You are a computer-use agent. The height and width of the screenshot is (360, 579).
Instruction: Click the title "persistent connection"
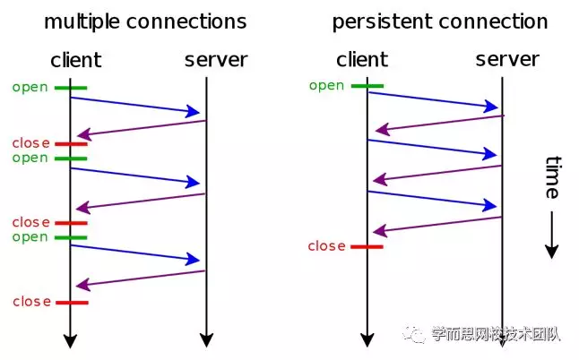(439, 21)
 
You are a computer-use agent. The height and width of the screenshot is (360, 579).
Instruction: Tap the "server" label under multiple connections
(216, 61)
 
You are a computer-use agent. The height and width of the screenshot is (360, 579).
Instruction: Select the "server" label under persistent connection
(507, 60)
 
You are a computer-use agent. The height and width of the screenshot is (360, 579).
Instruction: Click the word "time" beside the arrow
(552, 177)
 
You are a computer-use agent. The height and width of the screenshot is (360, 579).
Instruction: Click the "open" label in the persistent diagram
(326, 86)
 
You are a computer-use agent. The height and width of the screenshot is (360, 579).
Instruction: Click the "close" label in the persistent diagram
(326, 246)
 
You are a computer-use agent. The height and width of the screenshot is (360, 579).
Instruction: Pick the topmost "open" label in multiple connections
(30, 88)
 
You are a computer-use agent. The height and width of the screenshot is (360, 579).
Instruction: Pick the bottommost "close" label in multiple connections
(31, 302)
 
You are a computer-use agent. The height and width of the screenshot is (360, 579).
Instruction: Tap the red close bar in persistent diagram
(367, 246)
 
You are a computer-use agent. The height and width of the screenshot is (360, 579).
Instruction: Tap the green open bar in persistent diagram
(367, 86)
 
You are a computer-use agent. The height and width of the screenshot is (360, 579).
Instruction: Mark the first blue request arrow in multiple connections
(134, 105)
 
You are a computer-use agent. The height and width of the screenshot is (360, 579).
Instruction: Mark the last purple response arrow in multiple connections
(141, 279)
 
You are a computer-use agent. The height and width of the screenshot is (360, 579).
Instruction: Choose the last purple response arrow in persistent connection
(437, 224)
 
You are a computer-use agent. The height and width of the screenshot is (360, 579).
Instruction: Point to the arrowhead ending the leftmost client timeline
(70, 340)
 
